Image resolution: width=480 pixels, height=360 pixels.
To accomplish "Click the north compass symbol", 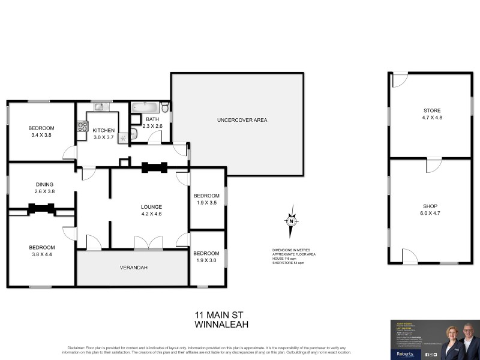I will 291,221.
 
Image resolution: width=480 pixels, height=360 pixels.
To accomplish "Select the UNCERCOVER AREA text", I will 242,120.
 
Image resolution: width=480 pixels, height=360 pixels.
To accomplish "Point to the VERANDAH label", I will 134,268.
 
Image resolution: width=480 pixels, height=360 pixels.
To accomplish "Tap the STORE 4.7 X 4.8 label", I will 432,114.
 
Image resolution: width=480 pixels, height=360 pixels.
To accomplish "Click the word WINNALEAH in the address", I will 222,324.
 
